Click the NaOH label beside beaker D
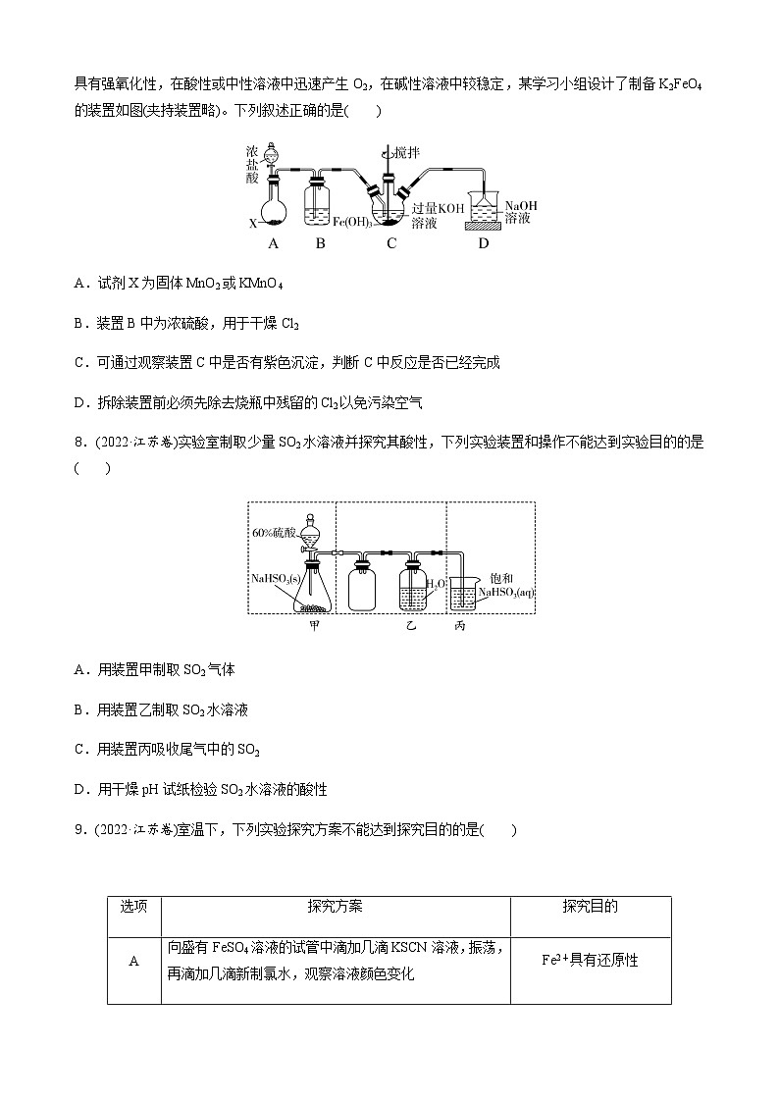(x=521, y=205)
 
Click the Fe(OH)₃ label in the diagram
(x=353, y=222)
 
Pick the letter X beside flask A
(x=252, y=224)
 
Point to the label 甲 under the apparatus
(x=315, y=625)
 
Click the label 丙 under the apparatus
(x=460, y=625)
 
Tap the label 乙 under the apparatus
(x=413, y=625)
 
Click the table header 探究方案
(x=334, y=907)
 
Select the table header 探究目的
(x=590, y=907)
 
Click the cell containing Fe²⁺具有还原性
(x=590, y=961)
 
